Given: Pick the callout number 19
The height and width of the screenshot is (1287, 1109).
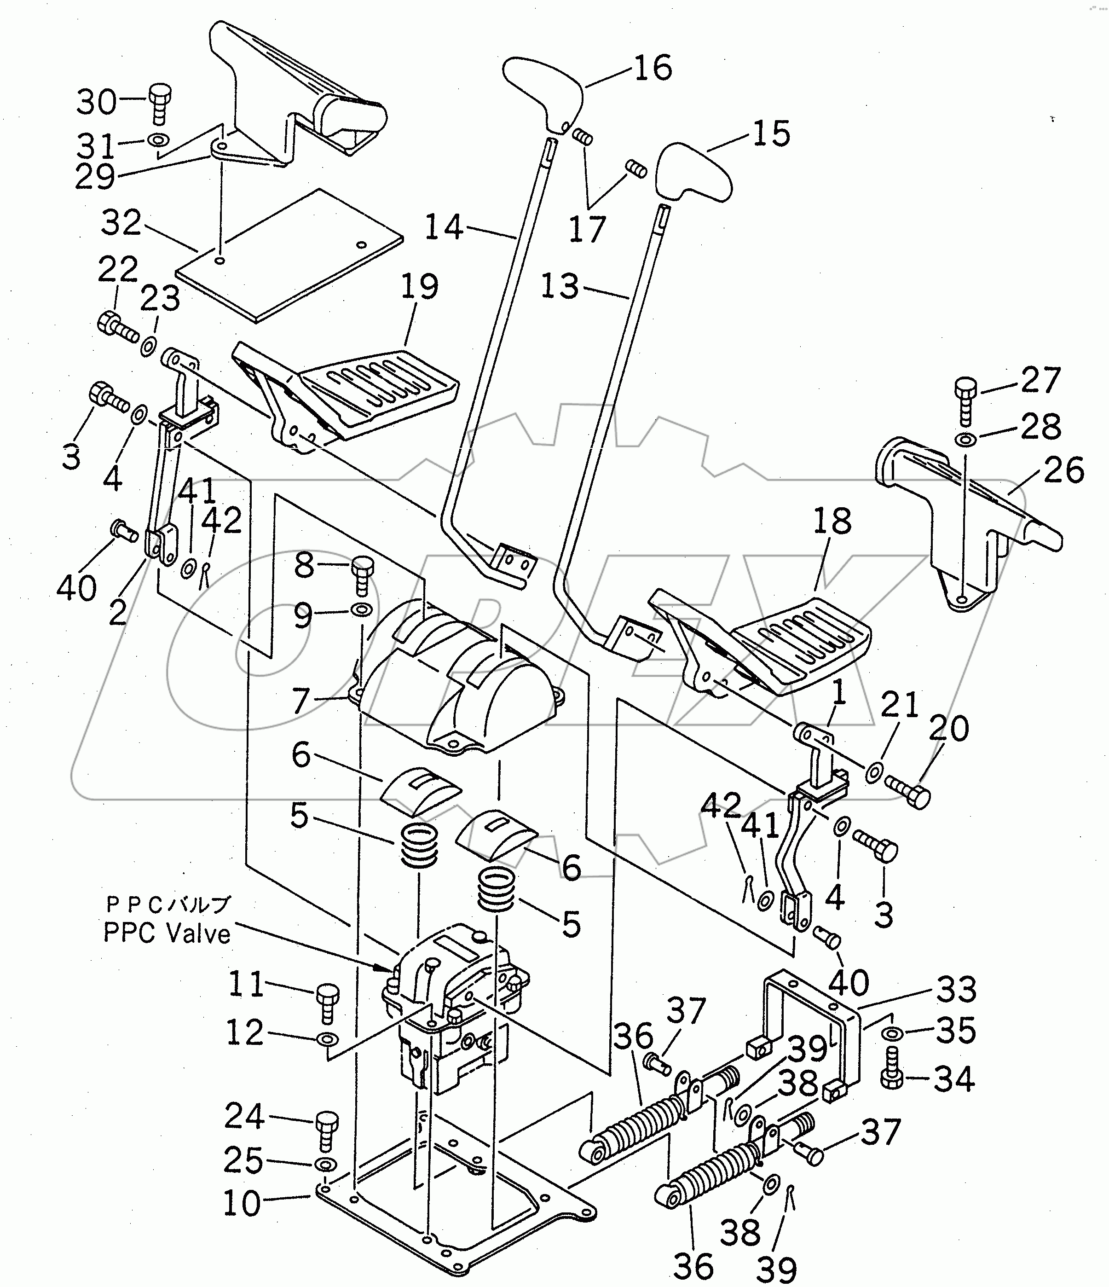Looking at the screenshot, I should [420, 287].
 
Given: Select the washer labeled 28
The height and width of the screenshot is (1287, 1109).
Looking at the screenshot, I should [965, 440].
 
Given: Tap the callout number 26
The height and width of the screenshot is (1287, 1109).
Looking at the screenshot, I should [1063, 470].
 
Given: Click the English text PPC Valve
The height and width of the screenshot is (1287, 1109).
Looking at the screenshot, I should [167, 933].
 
